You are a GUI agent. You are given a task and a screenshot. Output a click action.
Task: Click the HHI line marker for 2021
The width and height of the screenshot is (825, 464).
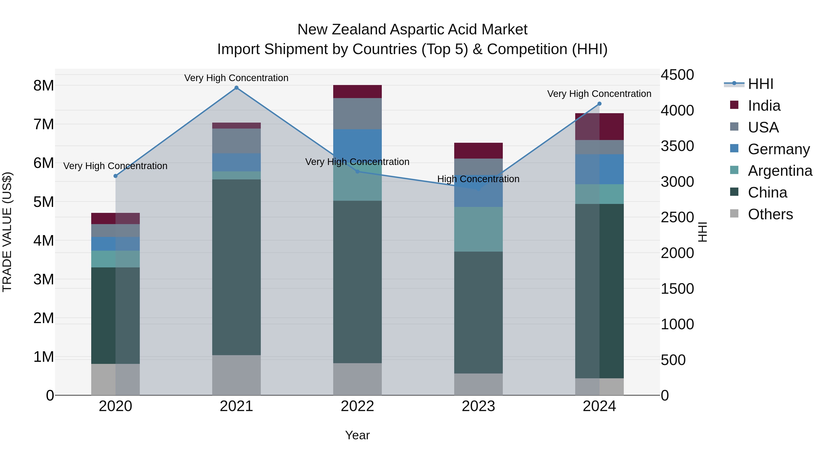tap(236, 88)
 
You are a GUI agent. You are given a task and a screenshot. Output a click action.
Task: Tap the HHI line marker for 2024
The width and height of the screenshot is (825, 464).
tap(599, 104)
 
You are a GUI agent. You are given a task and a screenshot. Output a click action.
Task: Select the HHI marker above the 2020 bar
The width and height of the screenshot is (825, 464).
tap(116, 176)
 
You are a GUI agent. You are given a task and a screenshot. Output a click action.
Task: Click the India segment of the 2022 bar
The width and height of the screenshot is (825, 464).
tap(357, 92)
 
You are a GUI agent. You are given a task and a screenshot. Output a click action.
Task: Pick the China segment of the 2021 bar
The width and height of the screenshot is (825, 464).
tap(236, 267)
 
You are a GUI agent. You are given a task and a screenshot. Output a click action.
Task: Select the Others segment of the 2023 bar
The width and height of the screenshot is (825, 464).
tap(478, 384)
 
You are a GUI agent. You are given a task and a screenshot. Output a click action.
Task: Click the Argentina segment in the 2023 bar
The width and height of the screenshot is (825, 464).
tap(478, 229)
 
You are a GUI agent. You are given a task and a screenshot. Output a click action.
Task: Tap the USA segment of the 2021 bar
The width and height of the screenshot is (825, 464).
tap(236, 141)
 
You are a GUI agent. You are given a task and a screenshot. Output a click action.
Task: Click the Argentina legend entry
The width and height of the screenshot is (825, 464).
tap(780, 171)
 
